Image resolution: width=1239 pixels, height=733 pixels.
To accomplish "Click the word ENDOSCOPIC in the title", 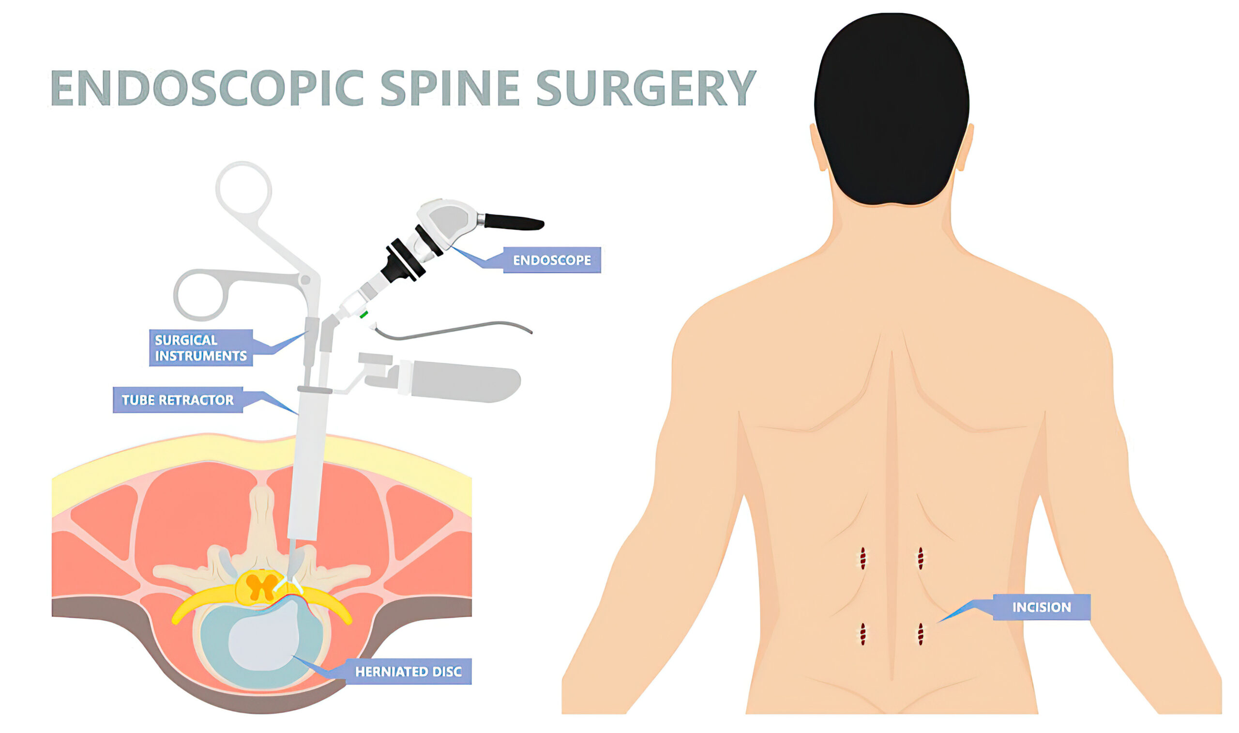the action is tap(207, 88).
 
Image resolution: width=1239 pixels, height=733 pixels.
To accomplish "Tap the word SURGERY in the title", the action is tap(646, 88).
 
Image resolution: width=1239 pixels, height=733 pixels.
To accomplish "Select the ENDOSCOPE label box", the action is tap(551, 260).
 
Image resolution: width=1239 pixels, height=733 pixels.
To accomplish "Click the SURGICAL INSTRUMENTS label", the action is tap(201, 348).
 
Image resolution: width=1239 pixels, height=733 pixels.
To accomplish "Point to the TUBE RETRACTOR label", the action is tap(178, 399).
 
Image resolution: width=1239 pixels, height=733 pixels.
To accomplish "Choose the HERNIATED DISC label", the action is tap(408, 671).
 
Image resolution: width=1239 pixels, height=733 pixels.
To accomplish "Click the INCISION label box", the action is tap(1042, 607).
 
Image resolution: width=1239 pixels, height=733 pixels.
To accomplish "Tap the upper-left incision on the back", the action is tap(863, 559).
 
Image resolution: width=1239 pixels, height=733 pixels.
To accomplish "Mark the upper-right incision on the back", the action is tap(921, 559).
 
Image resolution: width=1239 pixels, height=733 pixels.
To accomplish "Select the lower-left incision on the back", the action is tap(863, 634).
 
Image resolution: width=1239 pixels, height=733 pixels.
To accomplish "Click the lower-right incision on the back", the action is tap(921, 634).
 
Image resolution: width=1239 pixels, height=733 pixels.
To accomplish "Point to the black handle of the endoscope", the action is tap(514, 222).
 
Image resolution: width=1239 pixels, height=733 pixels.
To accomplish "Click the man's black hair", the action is tap(891, 108).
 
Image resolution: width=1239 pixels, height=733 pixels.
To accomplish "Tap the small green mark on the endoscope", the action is tap(364, 314).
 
